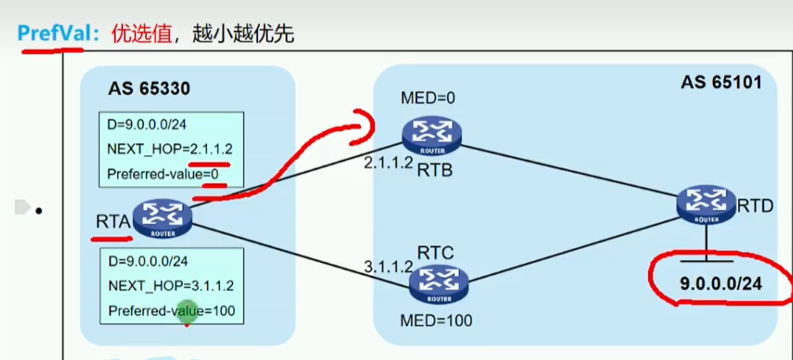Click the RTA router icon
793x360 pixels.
coord(163,219)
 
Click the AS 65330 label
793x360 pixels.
coord(149,89)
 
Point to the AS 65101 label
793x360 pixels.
coord(720,83)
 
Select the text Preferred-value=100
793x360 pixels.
coord(171,311)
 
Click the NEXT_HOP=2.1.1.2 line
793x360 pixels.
coord(170,150)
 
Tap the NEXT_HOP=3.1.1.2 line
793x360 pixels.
coord(171,286)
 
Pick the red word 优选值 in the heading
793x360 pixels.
coord(141,34)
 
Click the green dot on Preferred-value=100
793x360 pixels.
coord(186,311)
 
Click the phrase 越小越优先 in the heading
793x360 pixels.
coord(243,34)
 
